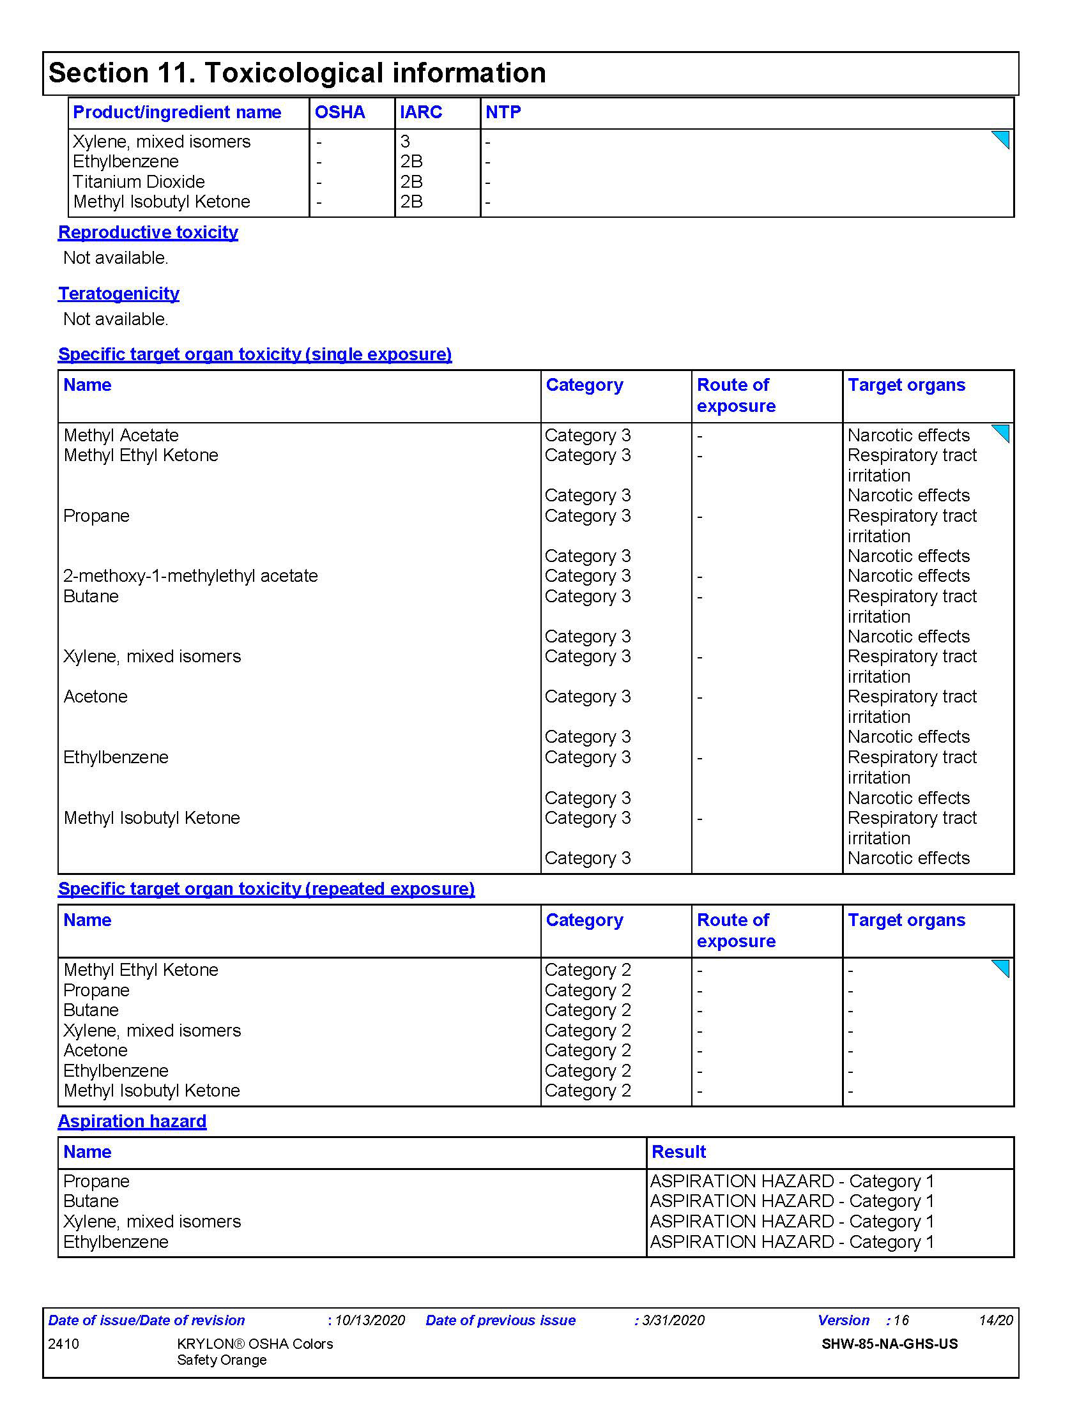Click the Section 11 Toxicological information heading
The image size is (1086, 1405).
coord(296,73)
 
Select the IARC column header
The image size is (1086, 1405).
coord(421,112)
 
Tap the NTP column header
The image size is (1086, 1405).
coord(503,112)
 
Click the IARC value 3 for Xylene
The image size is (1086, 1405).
coord(405,142)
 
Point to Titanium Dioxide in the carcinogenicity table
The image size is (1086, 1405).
coord(139,182)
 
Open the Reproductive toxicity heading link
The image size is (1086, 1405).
coord(148,232)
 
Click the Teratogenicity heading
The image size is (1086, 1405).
coord(118,293)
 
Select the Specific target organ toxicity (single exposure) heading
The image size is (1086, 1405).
coord(255,354)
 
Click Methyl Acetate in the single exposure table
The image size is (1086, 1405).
coord(121,436)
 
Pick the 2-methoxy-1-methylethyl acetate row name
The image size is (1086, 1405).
coord(190,576)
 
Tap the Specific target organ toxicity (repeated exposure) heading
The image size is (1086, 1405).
coord(266,889)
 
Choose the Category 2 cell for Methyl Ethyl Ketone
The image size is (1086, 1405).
coord(587,970)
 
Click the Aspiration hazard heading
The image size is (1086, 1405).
coord(132,1121)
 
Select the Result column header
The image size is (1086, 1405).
coord(678,1152)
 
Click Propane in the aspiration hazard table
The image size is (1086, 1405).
coord(96,1181)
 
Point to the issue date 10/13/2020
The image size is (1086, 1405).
coord(370,1321)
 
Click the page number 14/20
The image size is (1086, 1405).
coord(995,1321)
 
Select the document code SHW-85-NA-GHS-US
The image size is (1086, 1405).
coord(889,1344)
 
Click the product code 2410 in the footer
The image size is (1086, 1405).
coord(64,1344)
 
